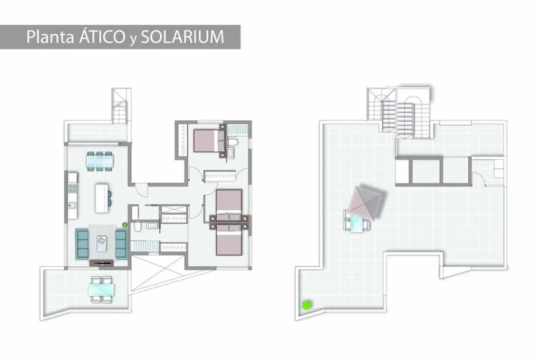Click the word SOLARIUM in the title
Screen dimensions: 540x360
(x=182, y=37)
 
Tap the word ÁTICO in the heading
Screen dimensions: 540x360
(x=102, y=36)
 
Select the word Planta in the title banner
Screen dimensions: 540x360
(x=50, y=37)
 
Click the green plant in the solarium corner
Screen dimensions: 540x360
(x=306, y=305)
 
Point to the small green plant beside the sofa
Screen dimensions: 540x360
(x=124, y=225)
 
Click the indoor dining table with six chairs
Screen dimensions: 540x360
(x=100, y=161)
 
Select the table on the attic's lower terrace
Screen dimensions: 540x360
(x=102, y=289)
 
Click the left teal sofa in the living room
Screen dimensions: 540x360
(x=82, y=244)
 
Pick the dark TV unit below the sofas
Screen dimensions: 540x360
(x=101, y=263)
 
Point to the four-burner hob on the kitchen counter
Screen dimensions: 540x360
(x=73, y=188)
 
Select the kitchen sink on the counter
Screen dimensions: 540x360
(x=72, y=205)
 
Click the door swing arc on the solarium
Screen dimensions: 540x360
(x=479, y=179)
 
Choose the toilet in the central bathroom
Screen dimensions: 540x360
(x=137, y=227)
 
